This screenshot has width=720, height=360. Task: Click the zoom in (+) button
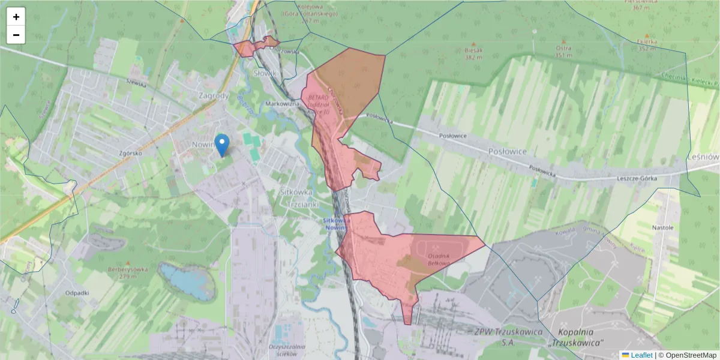[16, 17]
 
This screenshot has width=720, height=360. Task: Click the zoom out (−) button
[16, 35]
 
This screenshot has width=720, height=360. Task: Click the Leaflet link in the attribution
[641, 355]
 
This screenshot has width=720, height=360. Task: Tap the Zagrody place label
[213, 95]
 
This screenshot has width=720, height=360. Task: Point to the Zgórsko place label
[130, 153]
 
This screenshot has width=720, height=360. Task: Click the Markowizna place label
[282, 104]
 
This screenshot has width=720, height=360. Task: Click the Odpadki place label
[77, 293]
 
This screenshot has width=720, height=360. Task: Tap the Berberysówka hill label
[128, 269]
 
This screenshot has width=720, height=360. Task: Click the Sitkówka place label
[296, 193]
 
